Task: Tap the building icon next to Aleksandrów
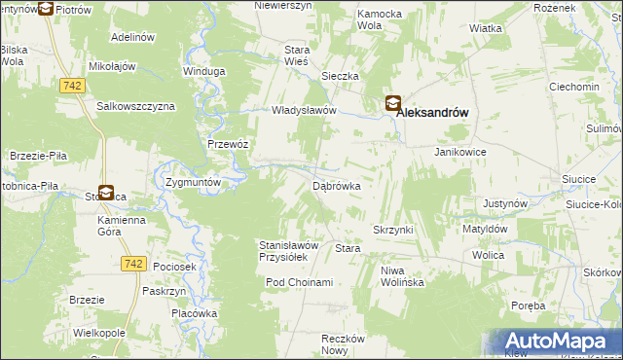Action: pos(392,103)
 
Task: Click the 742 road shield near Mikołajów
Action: pos(69,87)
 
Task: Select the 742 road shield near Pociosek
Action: pos(134,264)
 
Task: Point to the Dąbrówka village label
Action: pos(337,185)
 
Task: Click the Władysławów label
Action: pos(304,111)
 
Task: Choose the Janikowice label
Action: pos(459,153)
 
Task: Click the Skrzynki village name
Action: pos(393,229)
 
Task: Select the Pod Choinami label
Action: pos(300,282)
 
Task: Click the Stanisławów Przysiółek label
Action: pos(283,251)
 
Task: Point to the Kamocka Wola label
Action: pos(381,20)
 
